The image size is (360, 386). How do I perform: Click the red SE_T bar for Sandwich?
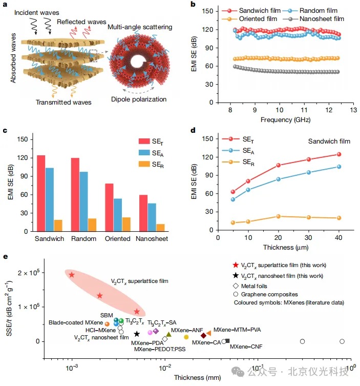coord(41,193)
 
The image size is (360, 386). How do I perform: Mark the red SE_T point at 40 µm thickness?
coord(338,154)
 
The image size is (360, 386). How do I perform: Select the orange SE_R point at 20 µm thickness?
coord(279,216)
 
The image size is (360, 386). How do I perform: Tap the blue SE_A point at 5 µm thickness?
coord(233,199)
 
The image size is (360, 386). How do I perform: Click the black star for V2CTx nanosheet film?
coord(137,334)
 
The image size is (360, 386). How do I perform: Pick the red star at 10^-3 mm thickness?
coord(72,275)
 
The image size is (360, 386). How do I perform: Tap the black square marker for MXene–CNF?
coord(227,341)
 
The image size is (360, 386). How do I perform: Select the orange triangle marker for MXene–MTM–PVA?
coord(208,333)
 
